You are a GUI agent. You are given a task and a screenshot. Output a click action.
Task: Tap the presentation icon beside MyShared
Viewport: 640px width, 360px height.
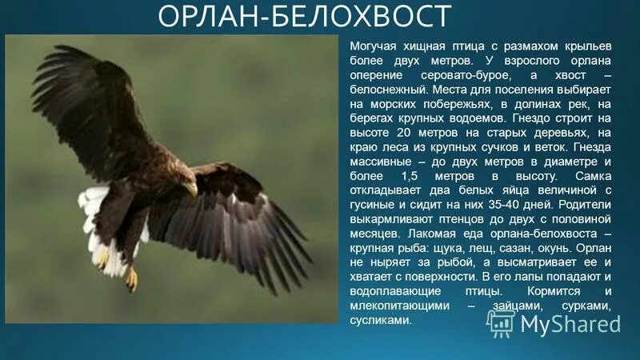tap(501, 322)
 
